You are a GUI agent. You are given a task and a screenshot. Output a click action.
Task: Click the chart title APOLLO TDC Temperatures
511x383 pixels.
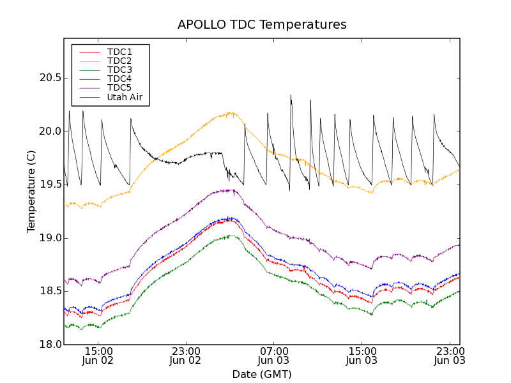point(262,25)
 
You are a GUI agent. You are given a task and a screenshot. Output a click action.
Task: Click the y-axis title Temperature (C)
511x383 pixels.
point(31,191)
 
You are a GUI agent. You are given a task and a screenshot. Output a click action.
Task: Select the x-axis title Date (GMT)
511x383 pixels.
point(262,374)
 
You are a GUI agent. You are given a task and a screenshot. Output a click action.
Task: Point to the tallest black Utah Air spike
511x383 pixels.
point(291,96)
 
